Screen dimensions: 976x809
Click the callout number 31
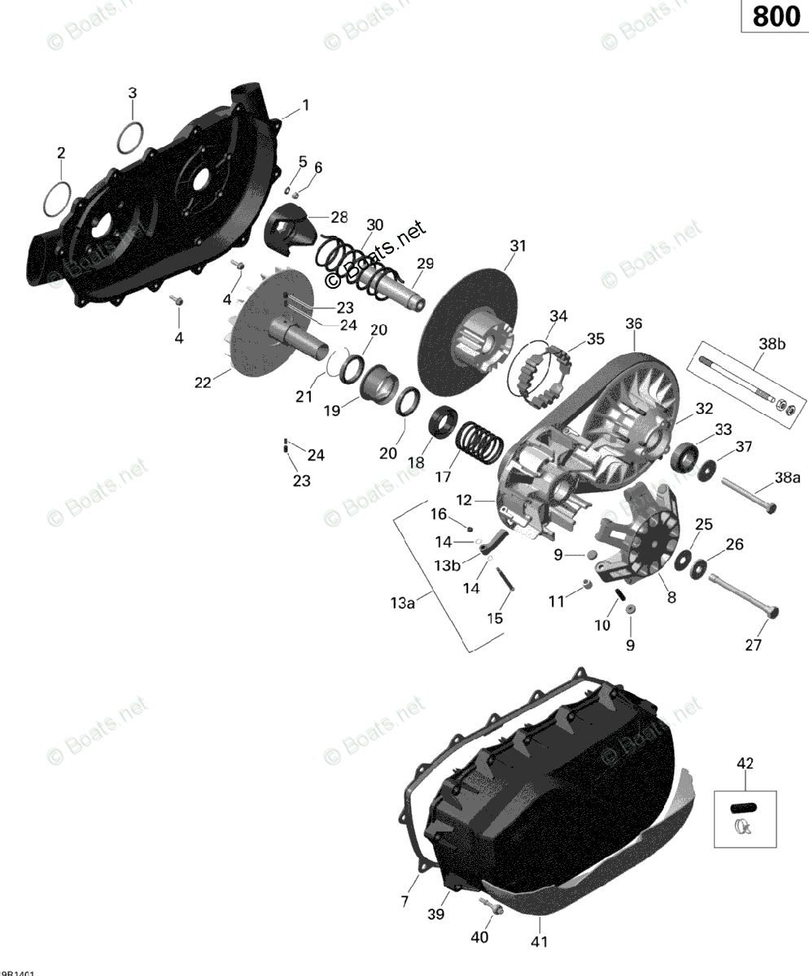pos(518,246)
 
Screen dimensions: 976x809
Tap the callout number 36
pos(633,325)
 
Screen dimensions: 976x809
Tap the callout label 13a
pos(402,603)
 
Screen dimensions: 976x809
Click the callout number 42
pos(745,763)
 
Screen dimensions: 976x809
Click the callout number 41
pos(540,942)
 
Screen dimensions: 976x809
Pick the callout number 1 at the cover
pos(305,105)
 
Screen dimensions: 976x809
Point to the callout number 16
pos(439,513)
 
